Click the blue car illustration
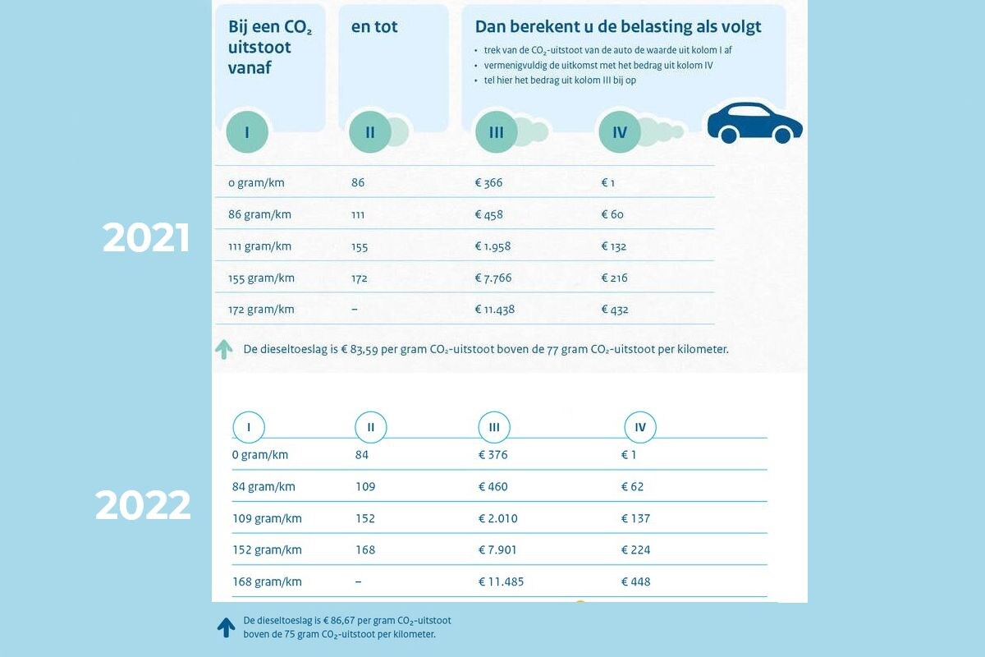coord(754,123)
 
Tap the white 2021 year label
coord(146,238)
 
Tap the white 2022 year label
coord(143,505)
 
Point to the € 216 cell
coord(614,278)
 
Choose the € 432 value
coord(615,310)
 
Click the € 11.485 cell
coord(501,581)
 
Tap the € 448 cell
coord(635,581)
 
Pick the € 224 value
coord(635,550)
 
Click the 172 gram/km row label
coord(261,310)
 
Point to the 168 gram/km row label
coord(267,581)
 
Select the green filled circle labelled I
coord(247,131)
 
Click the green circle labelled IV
coord(620,131)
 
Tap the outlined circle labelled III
coord(494,427)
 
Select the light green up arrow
coord(224,350)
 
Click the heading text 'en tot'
coord(373,27)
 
